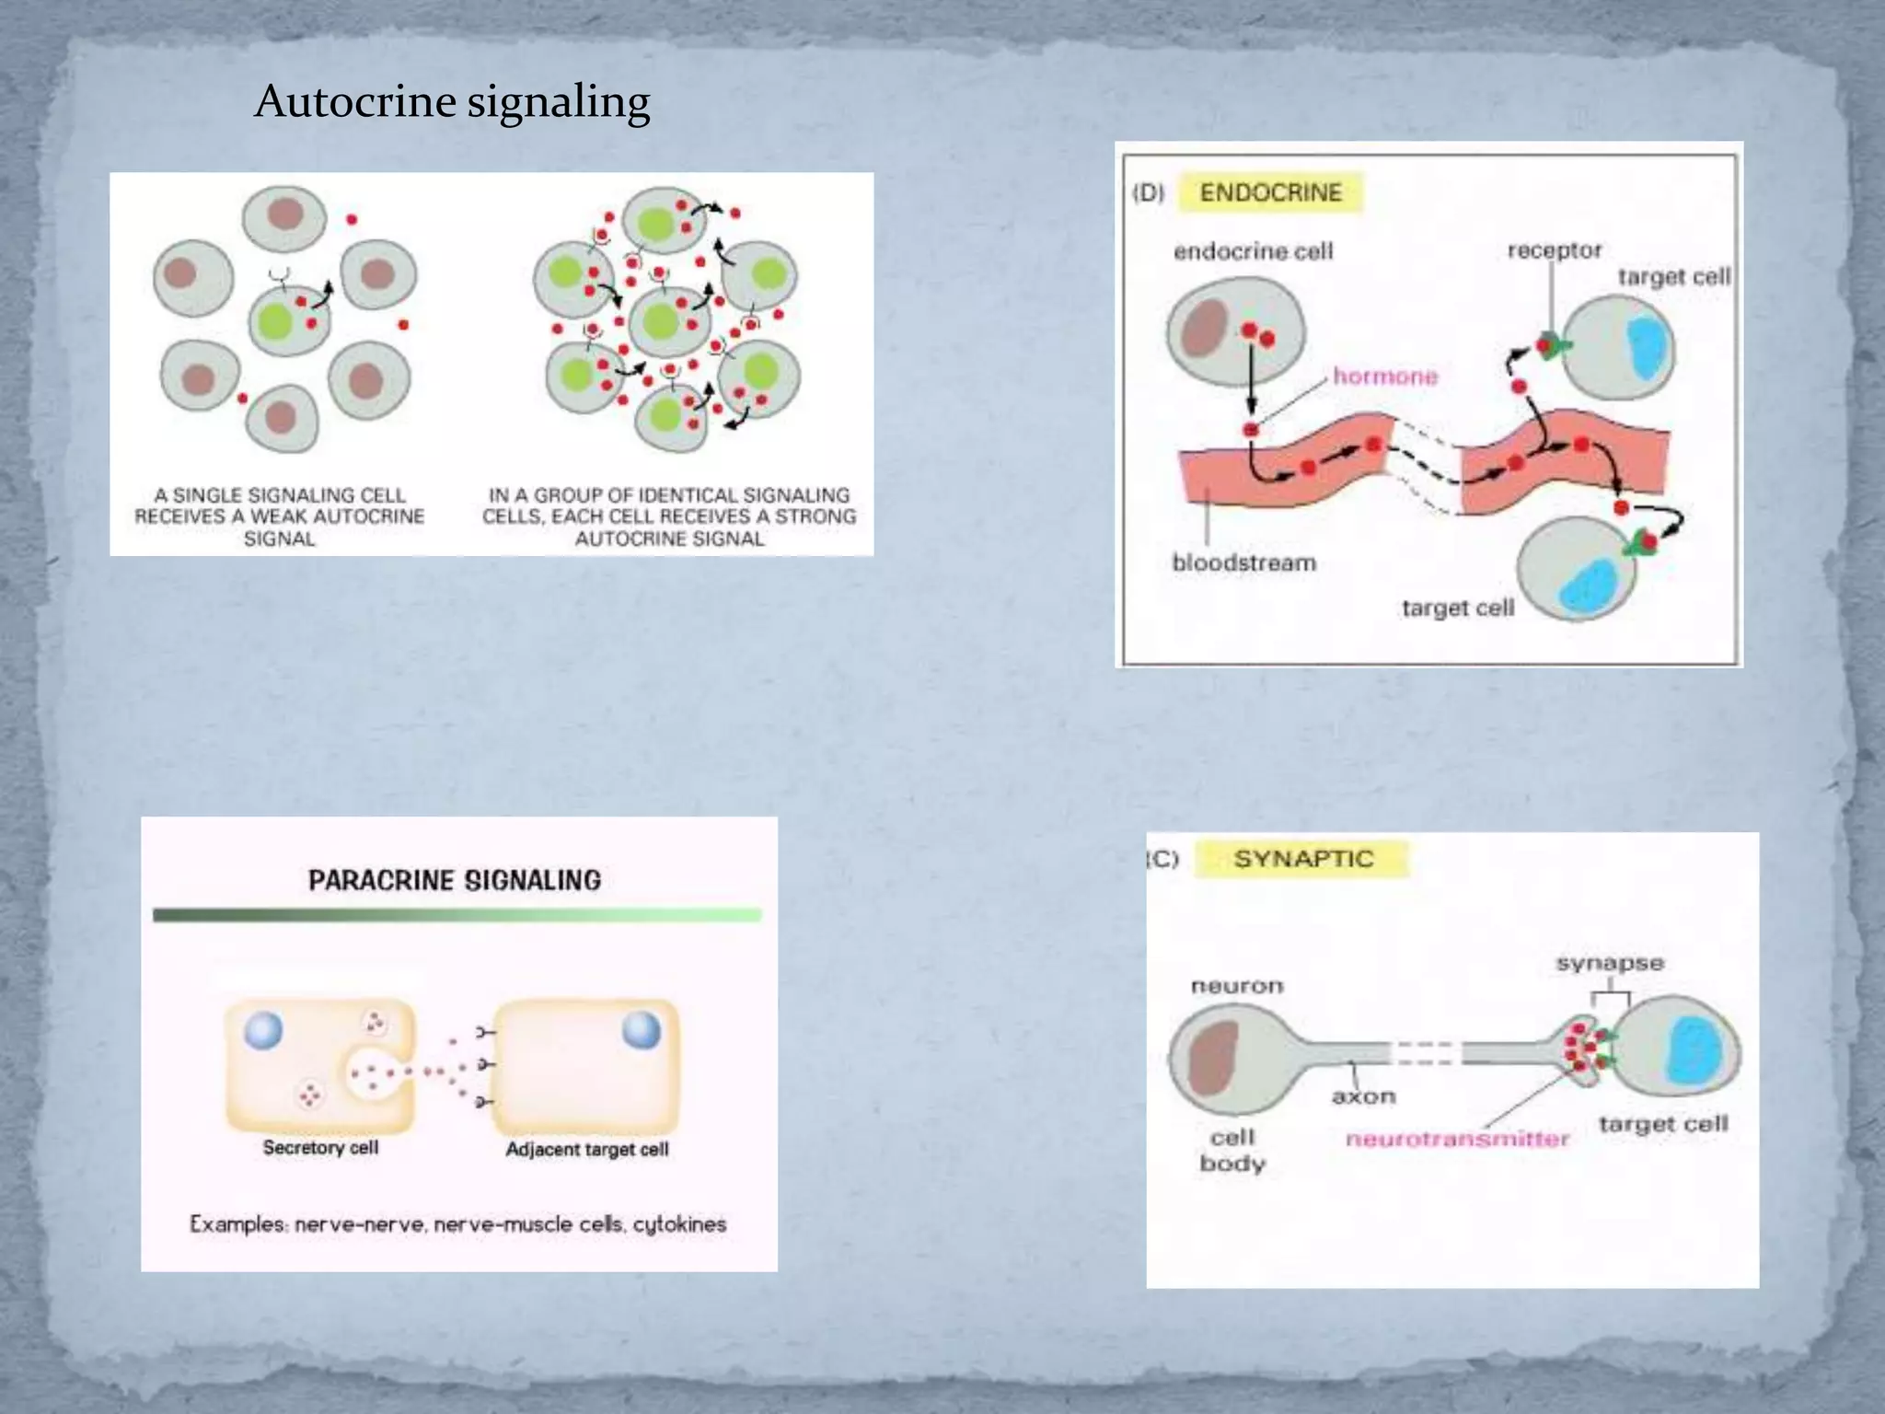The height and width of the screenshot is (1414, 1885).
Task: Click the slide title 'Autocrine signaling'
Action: point(452,101)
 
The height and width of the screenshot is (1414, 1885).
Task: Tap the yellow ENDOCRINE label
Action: point(1270,193)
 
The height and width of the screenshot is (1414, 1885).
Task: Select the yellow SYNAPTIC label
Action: point(1302,859)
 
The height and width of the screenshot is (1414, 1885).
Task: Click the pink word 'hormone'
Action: point(1385,377)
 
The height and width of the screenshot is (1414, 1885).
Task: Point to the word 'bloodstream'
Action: point(1243,562)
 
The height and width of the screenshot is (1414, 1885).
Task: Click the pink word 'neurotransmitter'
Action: point(1457,1139)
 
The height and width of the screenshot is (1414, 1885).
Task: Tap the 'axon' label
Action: point(1363,1096)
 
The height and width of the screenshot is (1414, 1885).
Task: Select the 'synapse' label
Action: point(1610,964)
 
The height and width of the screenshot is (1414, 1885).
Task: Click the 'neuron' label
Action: point(1236,986)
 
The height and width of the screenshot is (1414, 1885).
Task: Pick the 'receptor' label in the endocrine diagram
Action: point(1555,250)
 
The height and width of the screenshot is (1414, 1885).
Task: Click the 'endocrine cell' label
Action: point(1253,251)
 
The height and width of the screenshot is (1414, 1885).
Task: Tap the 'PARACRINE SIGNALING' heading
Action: point(455,881)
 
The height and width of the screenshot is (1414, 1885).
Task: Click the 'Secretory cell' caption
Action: point(320,1148)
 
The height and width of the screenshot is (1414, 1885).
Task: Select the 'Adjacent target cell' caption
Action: point(587,1150)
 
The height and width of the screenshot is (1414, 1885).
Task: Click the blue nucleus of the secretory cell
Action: point(263,1030)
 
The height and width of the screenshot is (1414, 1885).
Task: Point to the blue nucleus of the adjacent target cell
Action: point(642,1029)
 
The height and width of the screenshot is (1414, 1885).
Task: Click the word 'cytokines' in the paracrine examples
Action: point(679,1224)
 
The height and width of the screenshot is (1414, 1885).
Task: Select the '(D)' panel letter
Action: point(1148,193)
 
